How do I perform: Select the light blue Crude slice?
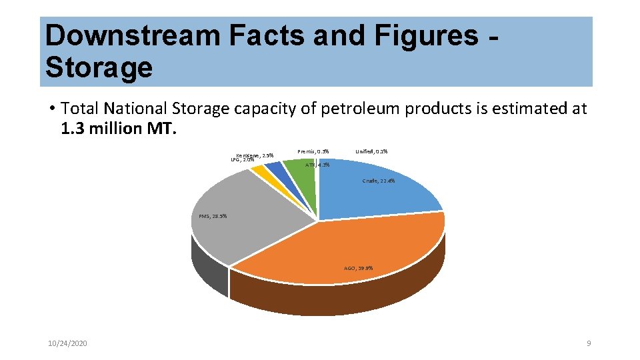(373, 190)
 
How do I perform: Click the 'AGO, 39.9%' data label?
(359, 268)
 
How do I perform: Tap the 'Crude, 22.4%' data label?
(379, 181)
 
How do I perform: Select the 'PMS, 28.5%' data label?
(213, 216)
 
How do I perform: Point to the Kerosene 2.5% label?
(255, 155)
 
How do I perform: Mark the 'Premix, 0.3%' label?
(313, 151)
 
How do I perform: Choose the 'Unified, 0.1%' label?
(371, 151)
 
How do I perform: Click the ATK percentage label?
(317, 165)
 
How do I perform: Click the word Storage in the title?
(99, 67)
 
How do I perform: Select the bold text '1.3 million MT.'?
(117, 127)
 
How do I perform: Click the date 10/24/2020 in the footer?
(67, 343)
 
